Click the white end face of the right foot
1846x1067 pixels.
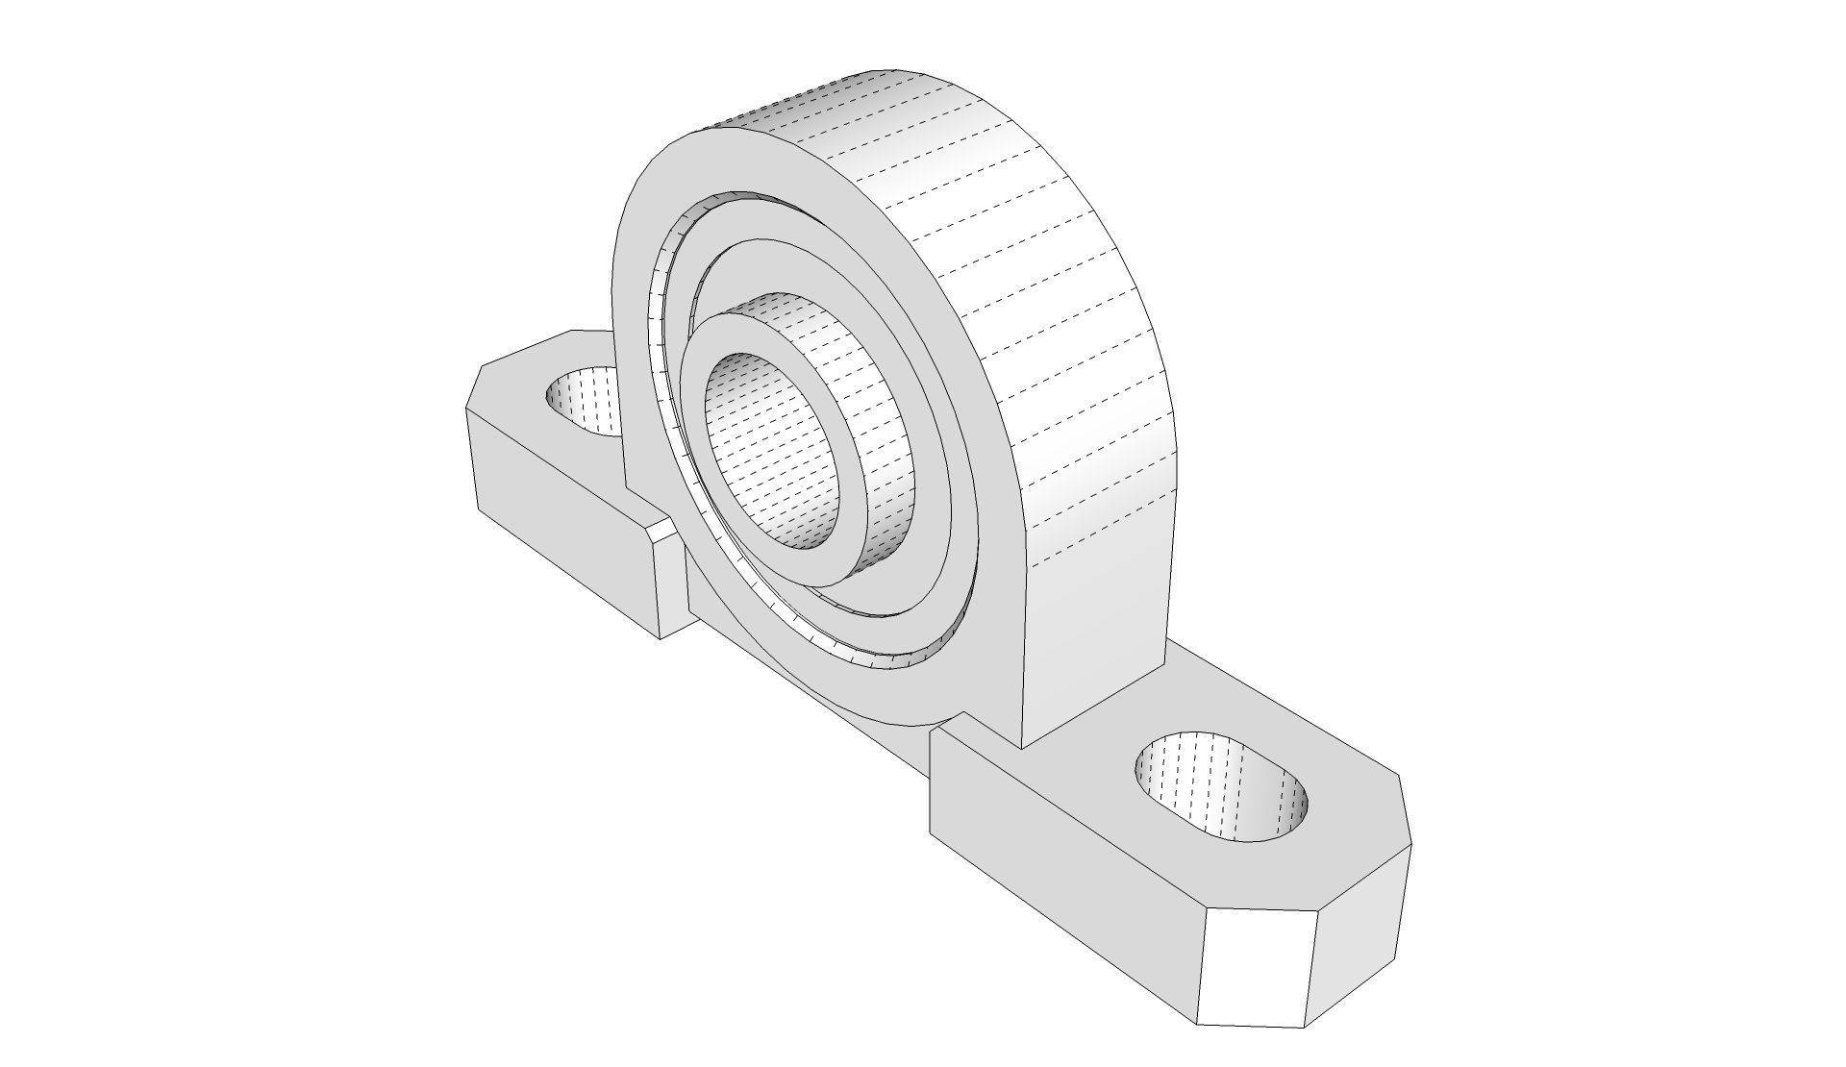1255,971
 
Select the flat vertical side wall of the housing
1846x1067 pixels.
1096,615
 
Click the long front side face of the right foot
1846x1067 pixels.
1058,865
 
